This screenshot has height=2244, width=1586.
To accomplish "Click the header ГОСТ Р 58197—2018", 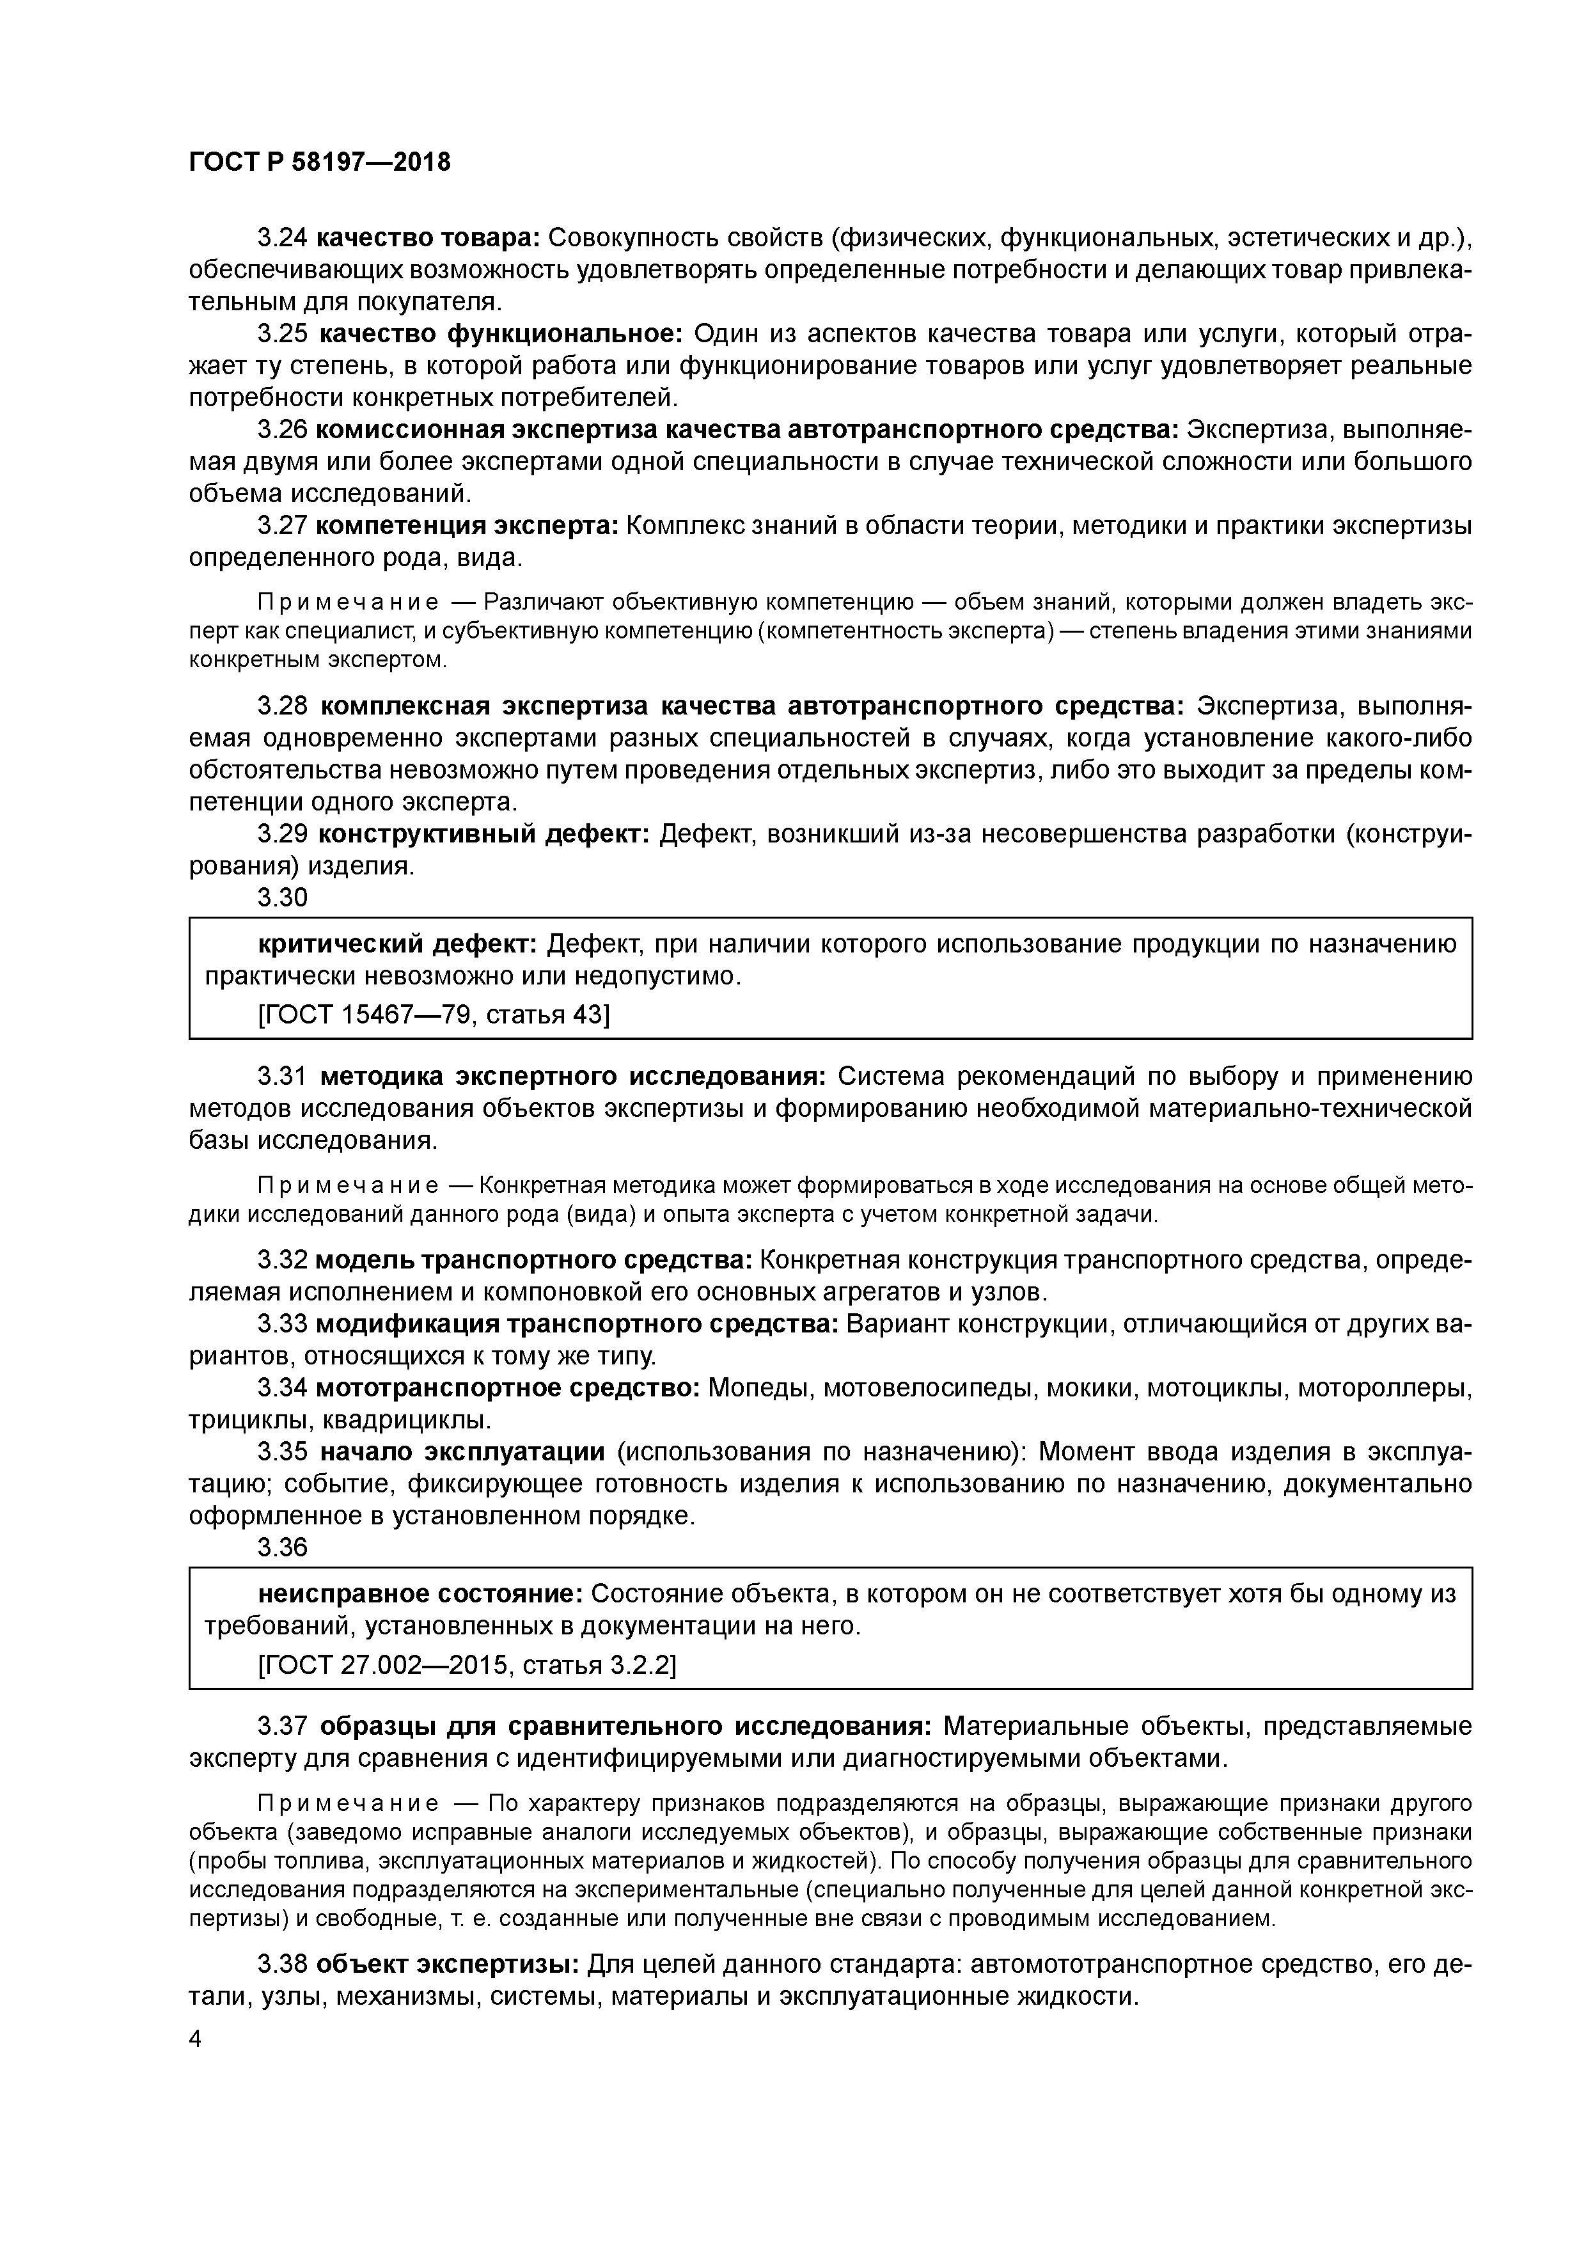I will coord(320,162).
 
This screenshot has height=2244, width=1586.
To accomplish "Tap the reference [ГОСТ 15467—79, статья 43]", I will coord(433,1015).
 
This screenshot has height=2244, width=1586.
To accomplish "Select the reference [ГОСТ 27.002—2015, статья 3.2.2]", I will coord(467,1664).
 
